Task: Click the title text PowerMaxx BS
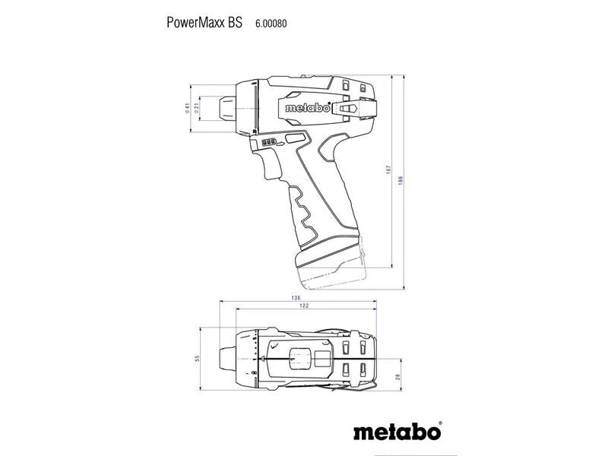204,23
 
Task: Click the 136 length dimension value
296,297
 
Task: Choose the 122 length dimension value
304,306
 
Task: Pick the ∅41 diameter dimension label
185,109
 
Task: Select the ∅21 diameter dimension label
197,109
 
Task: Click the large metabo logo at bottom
397,433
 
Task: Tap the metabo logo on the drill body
307,108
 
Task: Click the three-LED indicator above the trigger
269,142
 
